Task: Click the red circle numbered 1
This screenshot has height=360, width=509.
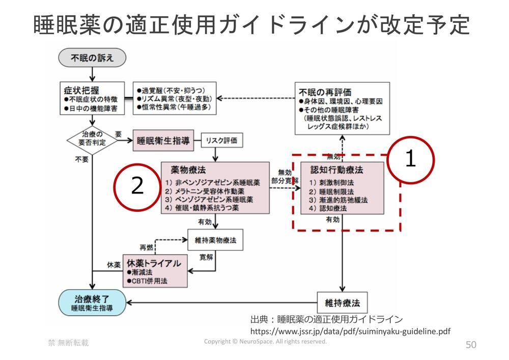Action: pos(410,160)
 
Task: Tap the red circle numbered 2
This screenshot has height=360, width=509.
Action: pos(137,186)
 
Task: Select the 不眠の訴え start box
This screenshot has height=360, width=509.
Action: pos(92,58)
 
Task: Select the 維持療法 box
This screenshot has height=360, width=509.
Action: pos(342,303)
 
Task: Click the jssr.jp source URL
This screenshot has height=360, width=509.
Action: pos(350,331)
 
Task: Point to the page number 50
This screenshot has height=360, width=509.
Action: pos(471,345)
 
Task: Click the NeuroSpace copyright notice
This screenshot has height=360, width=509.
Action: pos(265,342)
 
